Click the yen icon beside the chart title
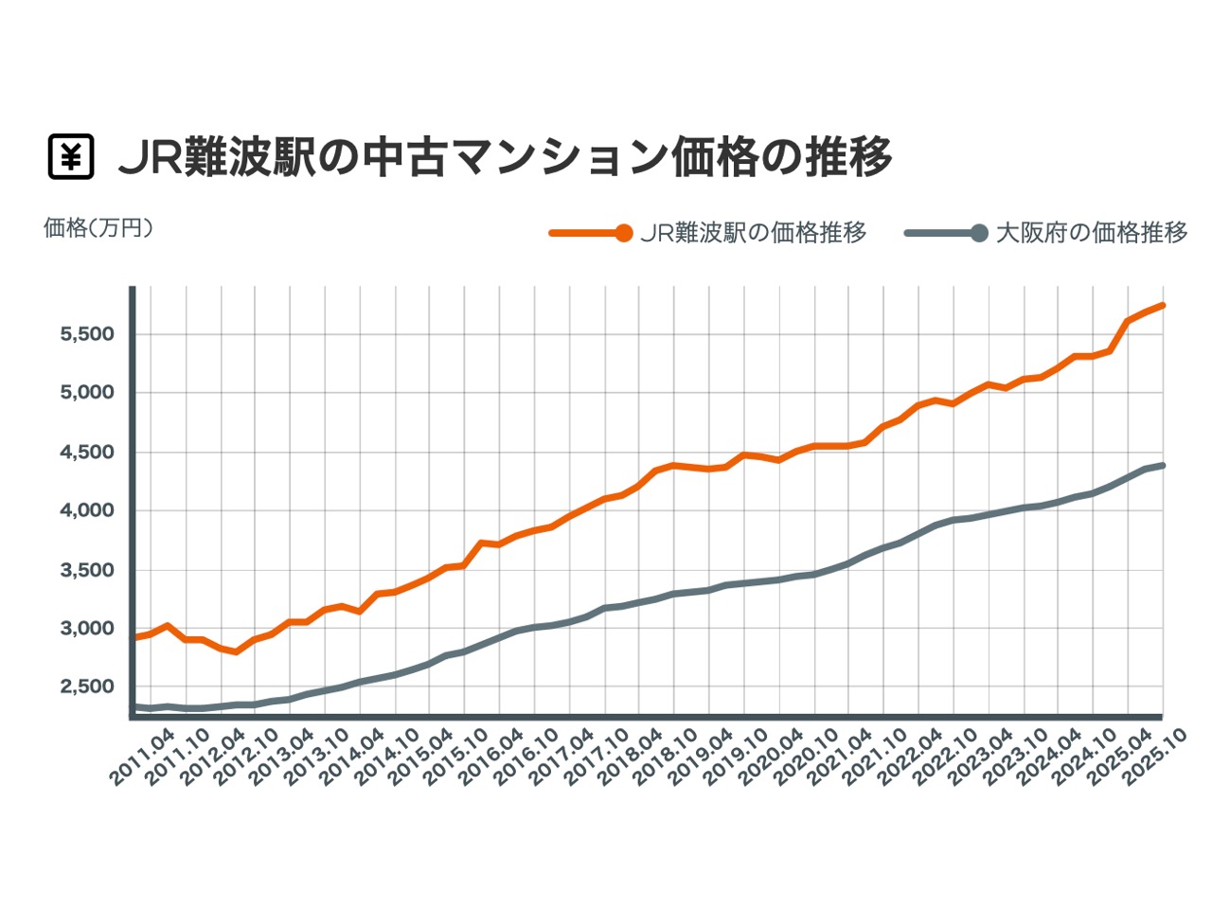71,157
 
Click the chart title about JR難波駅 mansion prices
505,157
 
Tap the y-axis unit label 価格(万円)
98,228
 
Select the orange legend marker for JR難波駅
622,233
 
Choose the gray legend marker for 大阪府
979,233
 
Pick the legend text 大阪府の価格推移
1092,233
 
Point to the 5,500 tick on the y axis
87,334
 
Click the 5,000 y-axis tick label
87,393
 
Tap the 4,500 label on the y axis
87,453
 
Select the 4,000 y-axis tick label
87,511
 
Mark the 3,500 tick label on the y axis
87,571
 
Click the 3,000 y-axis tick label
87,630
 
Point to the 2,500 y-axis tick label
87,688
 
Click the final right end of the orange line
1162,305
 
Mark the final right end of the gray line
1162,465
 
